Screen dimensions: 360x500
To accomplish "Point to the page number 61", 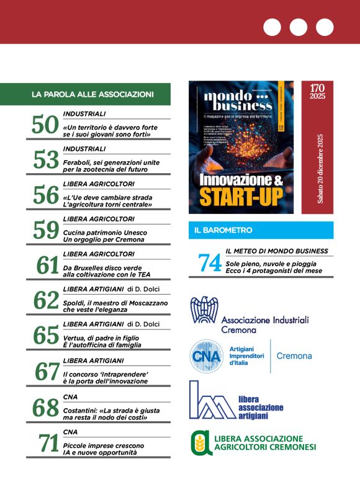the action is (x=47, y=265).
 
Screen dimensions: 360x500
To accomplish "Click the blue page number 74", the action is (x=210, y=263).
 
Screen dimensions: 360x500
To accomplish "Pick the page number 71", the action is (x=48, y=444).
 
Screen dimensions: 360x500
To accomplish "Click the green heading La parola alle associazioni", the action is (x=92, y=95).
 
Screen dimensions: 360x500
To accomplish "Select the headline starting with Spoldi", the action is (x=112, y=305).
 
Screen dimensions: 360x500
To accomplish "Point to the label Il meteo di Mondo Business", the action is (x=276, y=251).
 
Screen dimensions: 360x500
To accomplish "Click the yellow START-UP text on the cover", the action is (x=240, y=196).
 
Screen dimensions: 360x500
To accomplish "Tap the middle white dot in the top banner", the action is (x=298, y=27).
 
